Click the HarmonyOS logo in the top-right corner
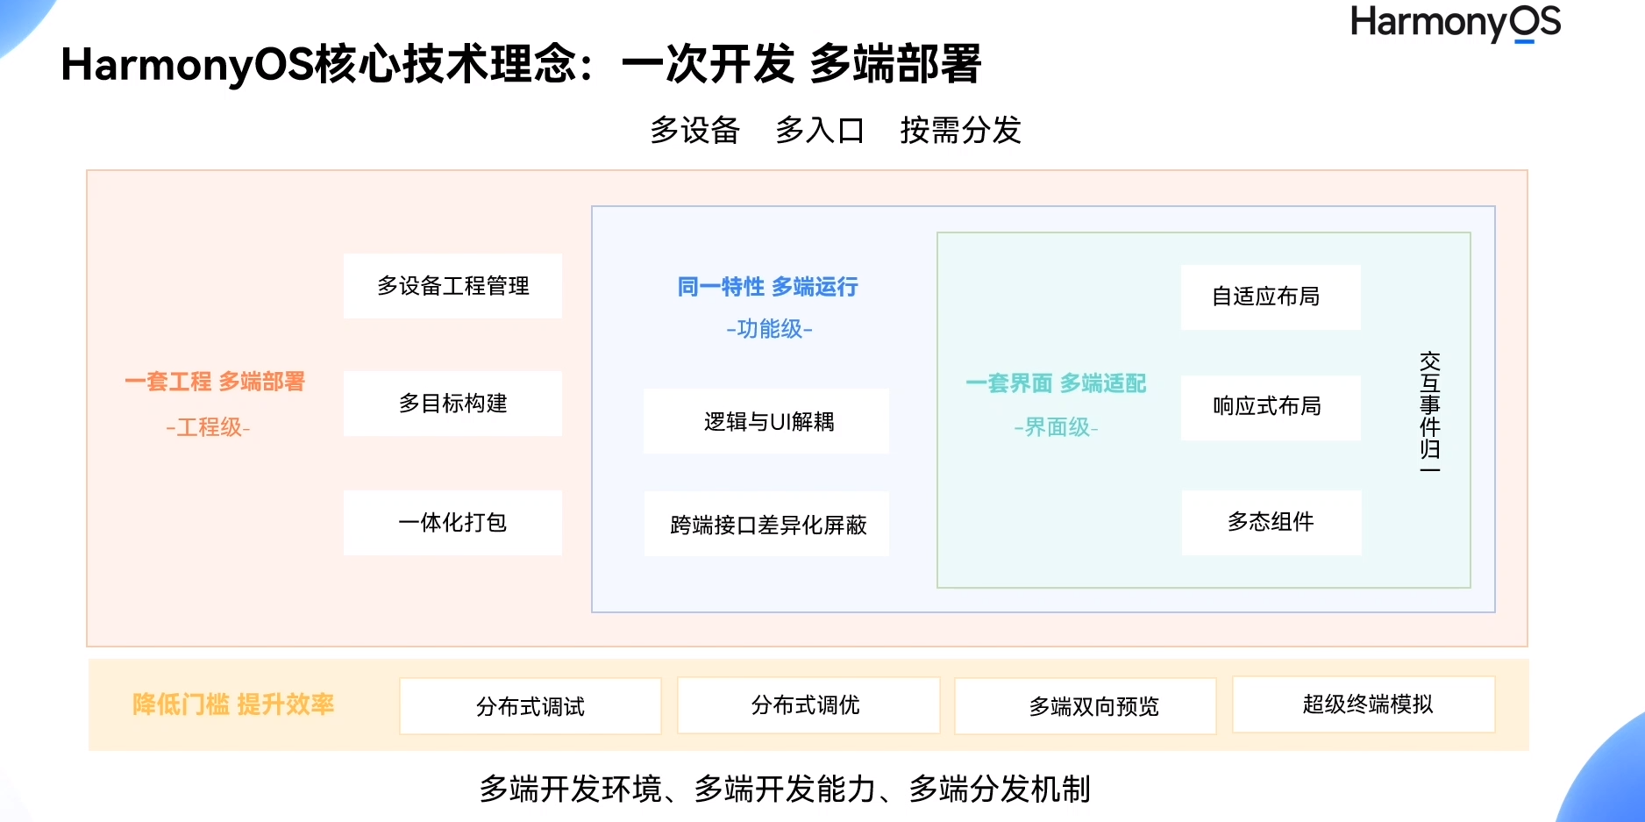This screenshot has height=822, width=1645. tap(1455, 23)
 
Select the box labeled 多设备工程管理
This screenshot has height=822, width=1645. tap(452, 286)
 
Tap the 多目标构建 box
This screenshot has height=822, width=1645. tap(452, 404)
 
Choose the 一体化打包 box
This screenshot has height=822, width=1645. tap(452, 523)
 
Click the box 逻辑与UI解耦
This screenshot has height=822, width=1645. tap(766, 421)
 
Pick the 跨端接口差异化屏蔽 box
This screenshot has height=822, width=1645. tap(766, 524)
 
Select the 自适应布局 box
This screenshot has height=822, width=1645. tap(1270, 297)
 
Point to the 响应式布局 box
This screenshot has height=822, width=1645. tap(1270, 407)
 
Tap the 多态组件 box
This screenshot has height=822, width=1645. tap(1271, 522)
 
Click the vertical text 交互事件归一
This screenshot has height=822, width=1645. tap(1429, 411)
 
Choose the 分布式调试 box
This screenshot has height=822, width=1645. tap(530, 706)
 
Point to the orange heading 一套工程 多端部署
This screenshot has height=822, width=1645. tap(215, 382)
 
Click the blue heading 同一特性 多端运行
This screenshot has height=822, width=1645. tap(767, 287)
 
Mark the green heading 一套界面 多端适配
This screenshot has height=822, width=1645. tap(1056, 383)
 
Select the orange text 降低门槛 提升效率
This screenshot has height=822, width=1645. tap(233, 704)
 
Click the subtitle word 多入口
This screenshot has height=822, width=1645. tap(820, 131)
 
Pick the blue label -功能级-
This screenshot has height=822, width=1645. tap(769, 329)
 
